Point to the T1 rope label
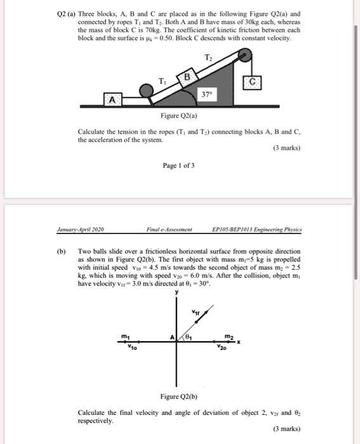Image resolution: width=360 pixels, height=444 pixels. (162, 80)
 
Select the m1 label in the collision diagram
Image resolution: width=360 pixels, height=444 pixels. (127, 336)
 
